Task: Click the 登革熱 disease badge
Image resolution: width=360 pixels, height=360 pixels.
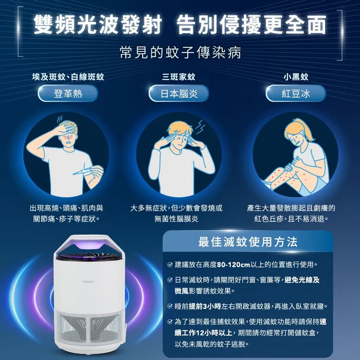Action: pos(68,94)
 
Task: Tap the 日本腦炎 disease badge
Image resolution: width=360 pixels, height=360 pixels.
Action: pos(179,94)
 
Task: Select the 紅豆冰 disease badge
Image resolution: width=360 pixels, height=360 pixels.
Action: pos(296,94)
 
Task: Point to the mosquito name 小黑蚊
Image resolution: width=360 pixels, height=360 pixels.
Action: pos(296,77)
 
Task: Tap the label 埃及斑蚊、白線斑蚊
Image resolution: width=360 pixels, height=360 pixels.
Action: pos(68,77)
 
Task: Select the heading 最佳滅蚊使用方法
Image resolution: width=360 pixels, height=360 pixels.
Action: pos(248,242)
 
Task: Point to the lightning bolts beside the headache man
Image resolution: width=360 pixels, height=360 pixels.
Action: pos(201,127)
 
